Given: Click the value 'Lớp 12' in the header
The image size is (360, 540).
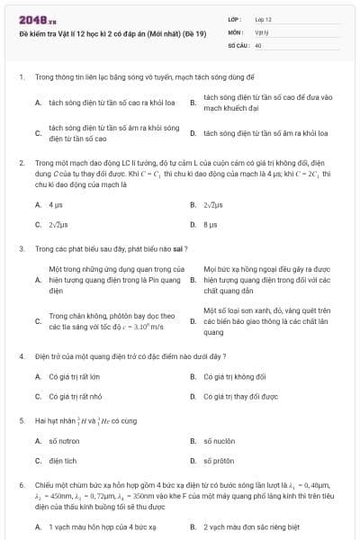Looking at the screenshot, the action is tap(263, 19).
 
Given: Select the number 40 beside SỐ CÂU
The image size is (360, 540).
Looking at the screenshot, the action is tap(258, 44).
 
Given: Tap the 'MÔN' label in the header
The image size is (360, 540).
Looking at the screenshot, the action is tap(235, 31).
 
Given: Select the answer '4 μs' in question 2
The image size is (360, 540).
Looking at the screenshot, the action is tap(55, 205).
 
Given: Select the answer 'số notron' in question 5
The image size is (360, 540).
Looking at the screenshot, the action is tap(64, 441).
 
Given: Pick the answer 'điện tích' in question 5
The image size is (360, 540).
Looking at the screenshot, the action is tap(63, 461).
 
